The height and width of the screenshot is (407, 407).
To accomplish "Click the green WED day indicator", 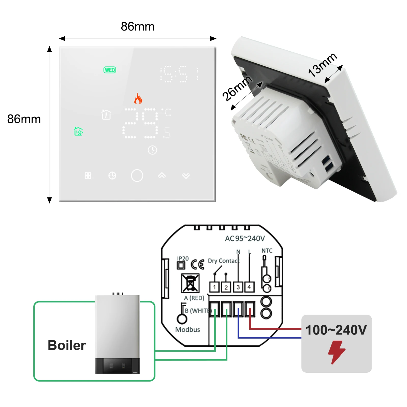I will (x=110, y=70).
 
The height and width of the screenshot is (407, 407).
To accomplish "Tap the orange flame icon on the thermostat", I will (x=138, y=99).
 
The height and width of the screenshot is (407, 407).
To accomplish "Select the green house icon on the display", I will (x=78, y=131).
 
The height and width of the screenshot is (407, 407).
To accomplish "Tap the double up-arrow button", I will (x=162, y=176).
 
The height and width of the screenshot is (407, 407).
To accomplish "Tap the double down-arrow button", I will (x=186, y=176).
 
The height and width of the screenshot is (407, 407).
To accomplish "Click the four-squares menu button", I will (x=88, y=176).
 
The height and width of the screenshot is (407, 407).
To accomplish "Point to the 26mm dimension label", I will (x=237, y=88).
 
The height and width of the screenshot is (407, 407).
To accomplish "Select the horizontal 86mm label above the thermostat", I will (x=138, y=26).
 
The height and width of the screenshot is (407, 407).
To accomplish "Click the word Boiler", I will (x=67, y=345).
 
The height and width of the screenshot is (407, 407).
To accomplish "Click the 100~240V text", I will (x=336, y=330).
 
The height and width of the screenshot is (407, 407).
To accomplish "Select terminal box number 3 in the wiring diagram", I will (x=238, y=287).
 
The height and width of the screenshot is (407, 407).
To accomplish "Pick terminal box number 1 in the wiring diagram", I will (x=214, y=287).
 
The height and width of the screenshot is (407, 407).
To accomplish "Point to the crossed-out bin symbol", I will (x=190, y=283).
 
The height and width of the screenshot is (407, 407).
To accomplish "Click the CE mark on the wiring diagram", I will (x=198, y=265).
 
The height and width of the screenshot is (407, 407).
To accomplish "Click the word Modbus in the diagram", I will (x=188, y=329).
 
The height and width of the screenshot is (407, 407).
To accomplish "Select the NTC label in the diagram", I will (x=267, y=251).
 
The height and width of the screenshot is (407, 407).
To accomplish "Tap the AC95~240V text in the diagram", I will (x=245, y=239).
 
